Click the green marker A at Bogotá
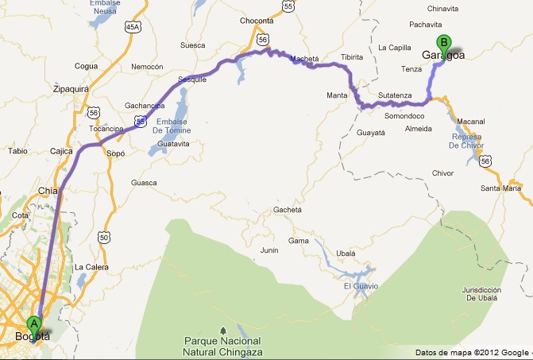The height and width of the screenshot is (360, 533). point(33,323)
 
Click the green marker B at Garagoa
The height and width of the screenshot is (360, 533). point(444,42)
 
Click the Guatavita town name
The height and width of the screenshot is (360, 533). point(173,144)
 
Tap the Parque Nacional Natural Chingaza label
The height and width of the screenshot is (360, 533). point(222,346)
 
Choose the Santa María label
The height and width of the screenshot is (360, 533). point(500,188)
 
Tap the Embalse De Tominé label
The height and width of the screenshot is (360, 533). point(168,125)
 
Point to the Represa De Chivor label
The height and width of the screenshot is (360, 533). point(466,140)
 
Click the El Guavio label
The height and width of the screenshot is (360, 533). point(361,285)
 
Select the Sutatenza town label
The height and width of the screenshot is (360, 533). point(396,95)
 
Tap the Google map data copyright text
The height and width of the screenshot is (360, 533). point(473,352)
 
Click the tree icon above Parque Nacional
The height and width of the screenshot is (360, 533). point(222,329)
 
